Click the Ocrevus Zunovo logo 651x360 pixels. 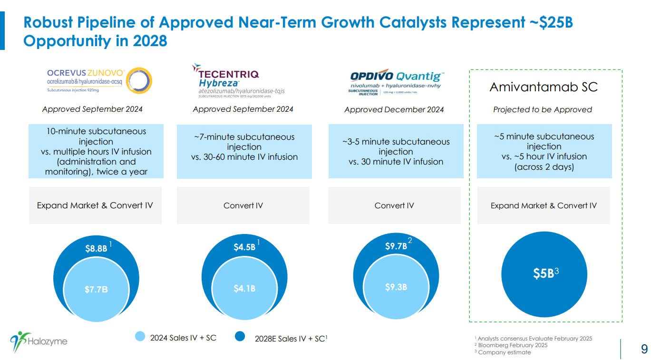99,80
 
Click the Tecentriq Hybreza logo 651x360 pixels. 238,79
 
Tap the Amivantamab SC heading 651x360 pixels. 543,87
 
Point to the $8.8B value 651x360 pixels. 96,248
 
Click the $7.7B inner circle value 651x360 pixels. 96,289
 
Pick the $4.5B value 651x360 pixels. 244,247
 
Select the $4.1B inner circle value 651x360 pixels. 244,288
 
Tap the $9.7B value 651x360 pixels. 396,246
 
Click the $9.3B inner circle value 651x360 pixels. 396,287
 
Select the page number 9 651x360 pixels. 644,350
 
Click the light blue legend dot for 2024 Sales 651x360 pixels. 140,337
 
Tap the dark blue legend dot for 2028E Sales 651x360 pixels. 240,337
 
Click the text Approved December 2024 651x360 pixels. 394,110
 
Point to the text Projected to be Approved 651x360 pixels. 542,110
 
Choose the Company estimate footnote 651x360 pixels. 504,352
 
